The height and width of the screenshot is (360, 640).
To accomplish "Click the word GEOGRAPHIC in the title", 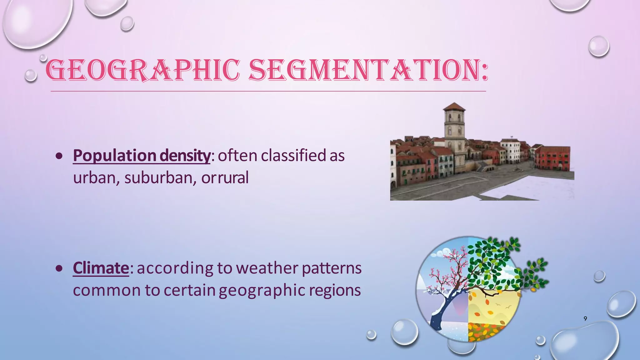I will click(142, 70).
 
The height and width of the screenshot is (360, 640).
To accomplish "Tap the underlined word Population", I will click(114, 155).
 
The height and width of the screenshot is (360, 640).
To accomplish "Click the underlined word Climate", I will click(101, 268).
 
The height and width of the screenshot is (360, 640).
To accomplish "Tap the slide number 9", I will click(585, 318).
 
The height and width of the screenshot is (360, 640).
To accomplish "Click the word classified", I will click(293, 155).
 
